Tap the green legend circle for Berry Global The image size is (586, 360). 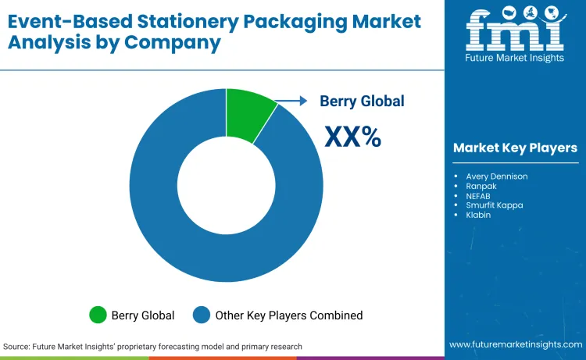click(98, 315)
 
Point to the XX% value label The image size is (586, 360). click(352, 137)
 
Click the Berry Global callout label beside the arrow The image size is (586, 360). click(362, 101)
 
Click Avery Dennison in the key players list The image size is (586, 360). click(496, 176)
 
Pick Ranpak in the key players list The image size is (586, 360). click(481, 187)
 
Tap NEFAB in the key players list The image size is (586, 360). click(480, 196)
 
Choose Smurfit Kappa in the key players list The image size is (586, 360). click(495, 205)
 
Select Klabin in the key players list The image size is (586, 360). click(478, 215)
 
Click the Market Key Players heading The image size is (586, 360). click(515, 148)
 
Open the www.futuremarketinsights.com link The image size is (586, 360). click(515, 344)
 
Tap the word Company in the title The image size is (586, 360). click(182, 42)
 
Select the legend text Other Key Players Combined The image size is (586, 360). click(289, 315)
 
